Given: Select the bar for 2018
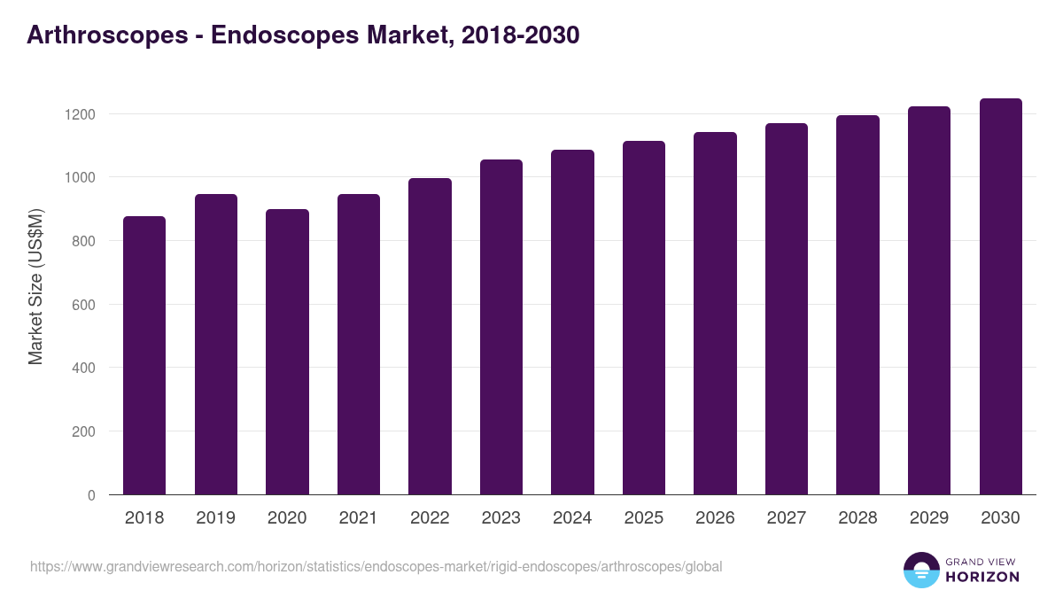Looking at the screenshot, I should click(x=144, y=355).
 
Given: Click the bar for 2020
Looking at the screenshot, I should click(x=287, y=352).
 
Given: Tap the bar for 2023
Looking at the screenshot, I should click(x=501, y=327).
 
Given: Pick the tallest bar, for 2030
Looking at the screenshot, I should click(x=1000, y=297).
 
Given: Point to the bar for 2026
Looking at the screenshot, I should click(x=715, y=314).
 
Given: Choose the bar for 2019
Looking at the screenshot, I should click(x=216, y=344).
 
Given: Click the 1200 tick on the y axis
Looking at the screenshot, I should click(x=79, y=114).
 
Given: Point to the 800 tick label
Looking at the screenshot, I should click(x=82, y=241).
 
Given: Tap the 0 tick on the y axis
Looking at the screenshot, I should click(x=91, y=495).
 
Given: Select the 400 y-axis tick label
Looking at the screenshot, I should click(x=82, y=368).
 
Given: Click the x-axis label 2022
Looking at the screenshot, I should click(x=430, y=518).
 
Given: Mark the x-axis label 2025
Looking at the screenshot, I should click(x=643, y=518).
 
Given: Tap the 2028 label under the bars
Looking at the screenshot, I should click(x=857, y=518).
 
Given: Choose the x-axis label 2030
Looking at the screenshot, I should click(x=1000, y=518).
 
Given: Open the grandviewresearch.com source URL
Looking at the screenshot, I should click(x=376, y=567).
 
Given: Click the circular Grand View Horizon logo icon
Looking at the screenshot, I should click(x=920, y=570).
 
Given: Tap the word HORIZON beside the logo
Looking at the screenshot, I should click(x=982, y=577).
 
